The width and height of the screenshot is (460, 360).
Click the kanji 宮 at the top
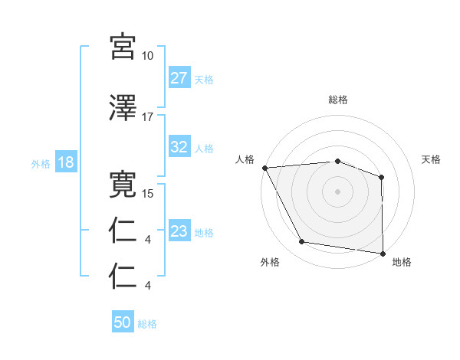click(123, 47)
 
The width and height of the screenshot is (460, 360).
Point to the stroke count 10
click(148, 56)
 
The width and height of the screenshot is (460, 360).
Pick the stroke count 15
click(148, 194)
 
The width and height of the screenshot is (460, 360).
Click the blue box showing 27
click(179, 78)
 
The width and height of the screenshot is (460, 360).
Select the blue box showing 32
click(179, 147)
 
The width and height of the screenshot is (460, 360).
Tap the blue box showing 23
click(179, 232)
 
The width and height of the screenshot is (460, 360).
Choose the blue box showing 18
click(64, 163)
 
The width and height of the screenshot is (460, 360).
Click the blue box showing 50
click(123, 323)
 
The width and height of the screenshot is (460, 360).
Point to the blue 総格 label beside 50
click(147, 324)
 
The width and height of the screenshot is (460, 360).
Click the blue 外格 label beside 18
click(41, 164)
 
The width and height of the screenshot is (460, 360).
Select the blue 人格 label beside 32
click(204, 148)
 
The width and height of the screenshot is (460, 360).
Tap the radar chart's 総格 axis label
click(338, 100)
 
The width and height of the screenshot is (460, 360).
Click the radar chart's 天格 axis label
click(432, 159)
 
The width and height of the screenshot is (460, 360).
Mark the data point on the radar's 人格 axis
click(264, 167)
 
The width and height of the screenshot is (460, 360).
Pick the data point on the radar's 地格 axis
click(383, 253)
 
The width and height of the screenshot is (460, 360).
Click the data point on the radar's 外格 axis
click(302, 242)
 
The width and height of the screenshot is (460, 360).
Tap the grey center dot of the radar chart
click(338, 191)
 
